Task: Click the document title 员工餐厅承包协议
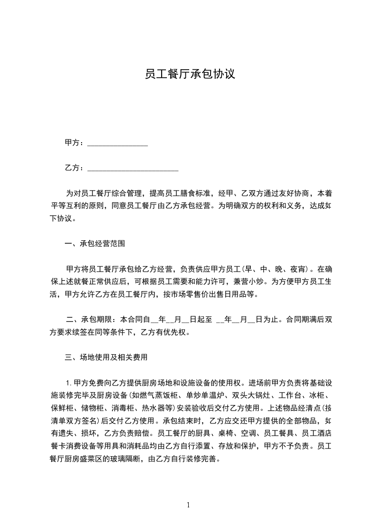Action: [x=190, y=74]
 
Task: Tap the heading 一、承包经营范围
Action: [x=95, y=244]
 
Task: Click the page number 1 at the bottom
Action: [x=188, y=505]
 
